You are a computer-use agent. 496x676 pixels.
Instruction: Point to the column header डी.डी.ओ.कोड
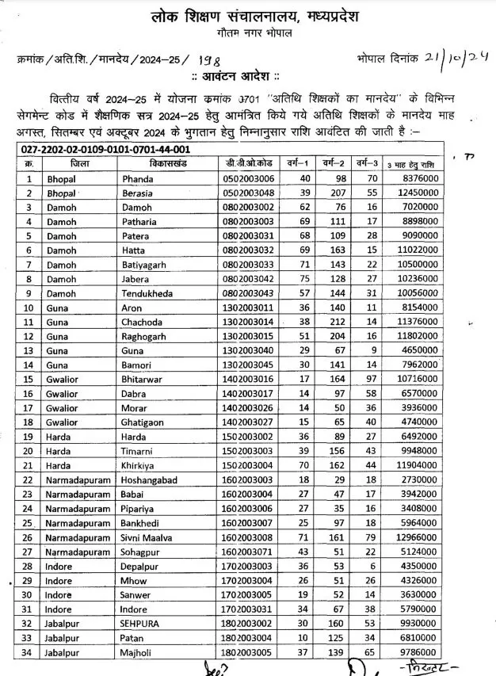(x=250, y=162)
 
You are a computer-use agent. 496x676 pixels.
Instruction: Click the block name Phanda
(x=139, y=178)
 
